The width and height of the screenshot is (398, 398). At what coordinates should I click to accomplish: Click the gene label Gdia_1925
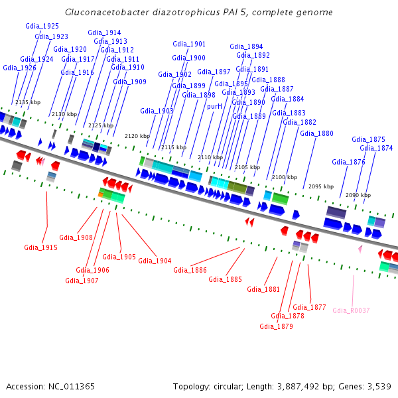click(x=42, y=26)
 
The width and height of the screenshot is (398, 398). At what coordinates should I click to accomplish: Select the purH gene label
click(x=214, y=106)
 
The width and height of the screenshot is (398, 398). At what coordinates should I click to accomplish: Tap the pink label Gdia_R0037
click(x=351, y=310)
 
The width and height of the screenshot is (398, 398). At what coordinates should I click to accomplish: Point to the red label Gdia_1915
click(x=41, y=247)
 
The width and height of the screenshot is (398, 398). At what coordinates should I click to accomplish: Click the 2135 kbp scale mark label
click(x=28, y=102)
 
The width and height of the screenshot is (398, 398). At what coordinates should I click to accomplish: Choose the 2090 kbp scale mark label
click(x=358, y=195)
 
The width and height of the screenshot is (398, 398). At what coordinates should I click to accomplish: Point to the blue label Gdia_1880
click(x=316, y=133)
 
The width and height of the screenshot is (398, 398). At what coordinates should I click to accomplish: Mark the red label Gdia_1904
click(x=155, y=261)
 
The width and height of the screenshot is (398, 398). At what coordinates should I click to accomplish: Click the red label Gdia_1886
click(x=190, y=270)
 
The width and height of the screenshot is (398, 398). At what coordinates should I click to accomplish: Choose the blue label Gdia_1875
click(x=368, y=139)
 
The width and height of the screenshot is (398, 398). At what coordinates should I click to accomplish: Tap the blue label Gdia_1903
click(x=157, y=111)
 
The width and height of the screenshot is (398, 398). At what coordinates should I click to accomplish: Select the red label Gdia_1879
click(x=276, y=326)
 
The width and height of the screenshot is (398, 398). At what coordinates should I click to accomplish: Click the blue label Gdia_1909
click(x=129, y=82)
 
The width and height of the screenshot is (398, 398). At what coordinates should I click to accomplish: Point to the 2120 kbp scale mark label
click(x=137, y=136)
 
